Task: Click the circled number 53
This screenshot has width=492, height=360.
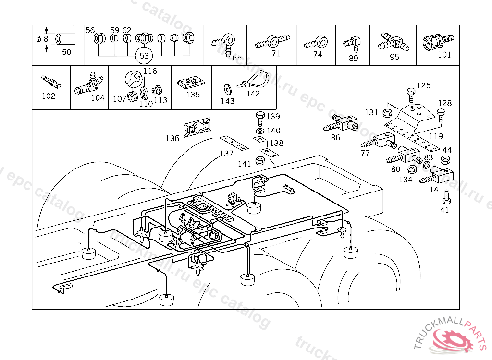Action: coord(144,56)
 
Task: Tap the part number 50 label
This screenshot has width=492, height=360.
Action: coord(66,52)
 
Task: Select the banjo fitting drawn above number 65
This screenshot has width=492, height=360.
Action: coord(224,42)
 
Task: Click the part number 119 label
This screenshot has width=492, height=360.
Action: coord(436,136)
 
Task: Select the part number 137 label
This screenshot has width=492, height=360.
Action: coord(226,154)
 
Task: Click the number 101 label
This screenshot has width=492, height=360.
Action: coord(444,55)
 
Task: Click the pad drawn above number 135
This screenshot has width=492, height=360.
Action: coord(191,84)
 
